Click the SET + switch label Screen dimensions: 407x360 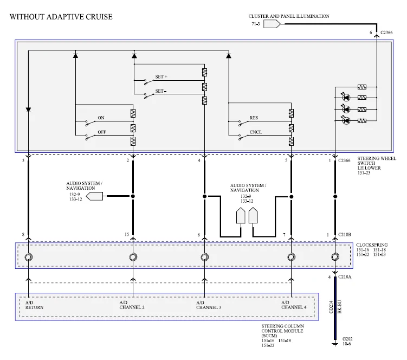coord(161,77)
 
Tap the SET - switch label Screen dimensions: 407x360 coord(161,91)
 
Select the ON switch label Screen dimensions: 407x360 coord(101,118)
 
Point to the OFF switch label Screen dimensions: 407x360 coord(102,132)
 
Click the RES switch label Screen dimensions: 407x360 coord(254,118)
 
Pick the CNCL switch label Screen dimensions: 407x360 coord(256,132)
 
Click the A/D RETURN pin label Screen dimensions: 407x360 coord(34,305)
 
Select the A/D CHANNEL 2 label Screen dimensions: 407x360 coord(132,305)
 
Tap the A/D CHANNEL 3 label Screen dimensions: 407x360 coord(209,305)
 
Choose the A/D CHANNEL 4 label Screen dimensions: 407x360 coord(294,305)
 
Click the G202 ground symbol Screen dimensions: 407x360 coord(335,344)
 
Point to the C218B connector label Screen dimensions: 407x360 coord(345,235)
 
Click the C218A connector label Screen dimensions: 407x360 coord(345,277)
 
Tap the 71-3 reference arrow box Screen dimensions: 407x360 coord(272,24)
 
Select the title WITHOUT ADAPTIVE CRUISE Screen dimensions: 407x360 coord(61,17)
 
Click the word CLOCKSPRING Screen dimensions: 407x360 coord(372,245)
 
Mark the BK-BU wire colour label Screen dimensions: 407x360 coord(339,307)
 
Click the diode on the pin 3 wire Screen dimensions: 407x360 coord(29,110)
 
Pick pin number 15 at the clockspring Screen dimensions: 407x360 coord(127,235)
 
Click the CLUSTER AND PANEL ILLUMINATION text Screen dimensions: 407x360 coord(289,16)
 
